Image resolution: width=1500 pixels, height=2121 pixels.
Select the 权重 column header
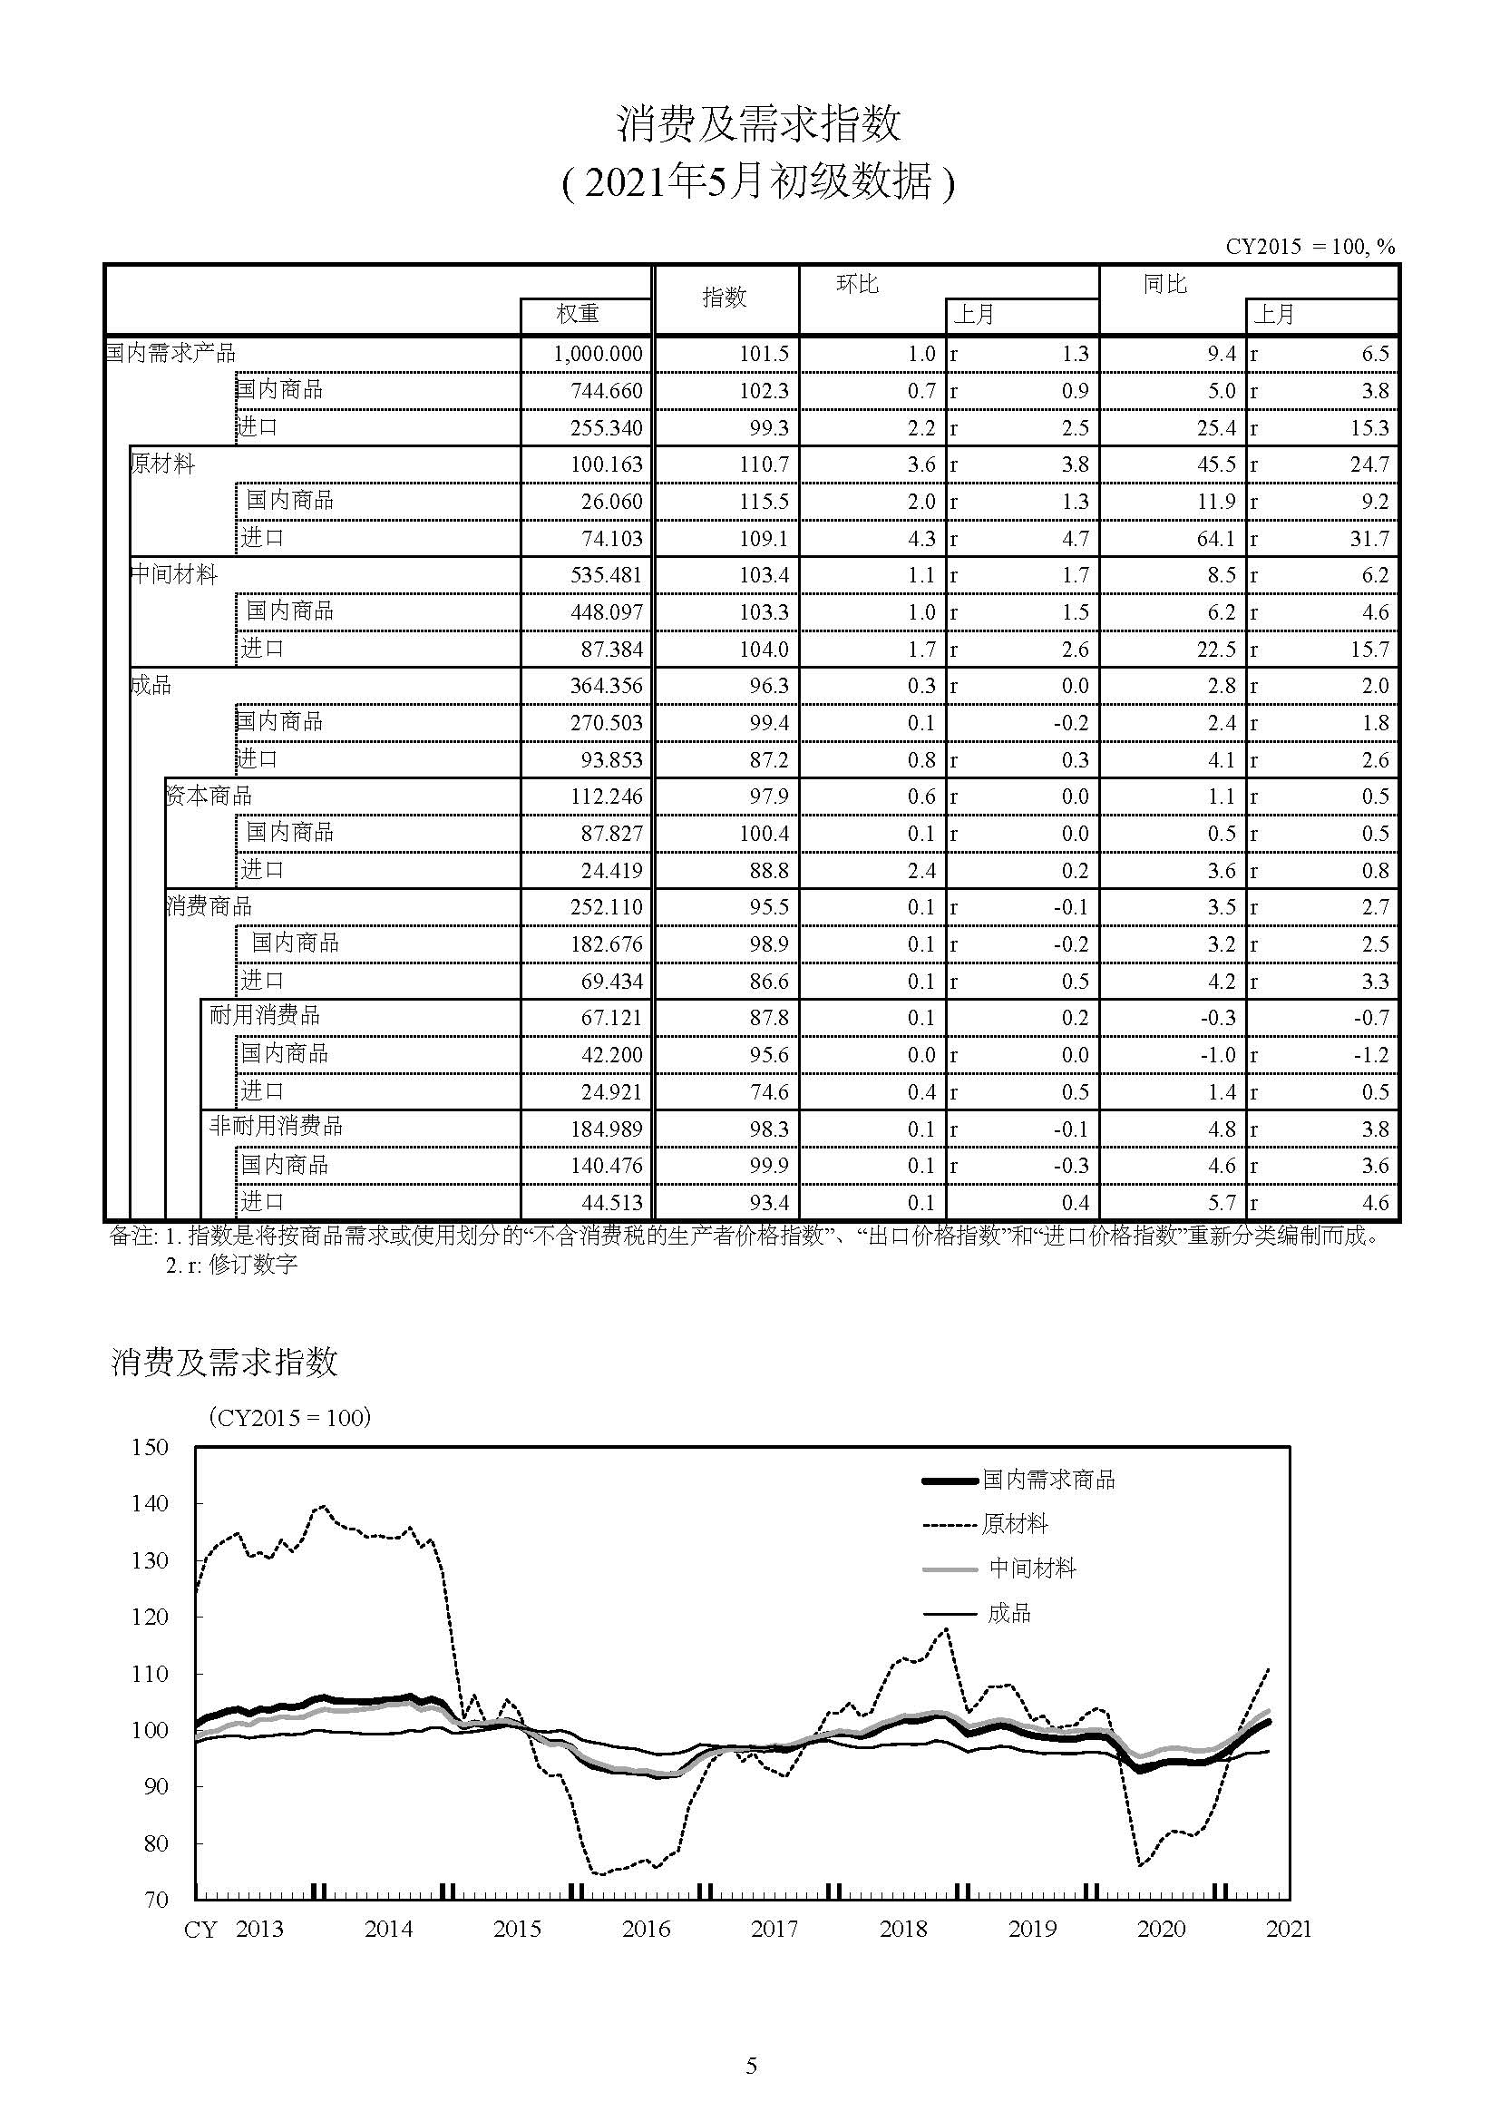pyautogui.click(x=578, y=314)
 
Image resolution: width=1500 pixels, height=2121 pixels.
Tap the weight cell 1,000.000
pyautogui.click(x=598, y=354)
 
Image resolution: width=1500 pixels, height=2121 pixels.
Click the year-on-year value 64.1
pyautogui.click(x=1215, y=539)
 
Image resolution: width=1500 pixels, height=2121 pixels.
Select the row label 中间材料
pyautogui.click(x=173, y=574)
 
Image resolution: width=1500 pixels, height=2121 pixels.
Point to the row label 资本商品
pyautogui.click(x=209, y=796)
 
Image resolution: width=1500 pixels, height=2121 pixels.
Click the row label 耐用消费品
pyautogui.click(x=264, y=1016)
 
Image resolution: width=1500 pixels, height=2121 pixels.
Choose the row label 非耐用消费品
pyautogui.click(x=276, y=1126)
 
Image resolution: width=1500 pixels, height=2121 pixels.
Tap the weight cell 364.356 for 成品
pyautogui.click(x=606, y=687)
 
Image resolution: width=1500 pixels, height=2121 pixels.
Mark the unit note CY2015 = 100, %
pyautogui.click(x=1310, y=247)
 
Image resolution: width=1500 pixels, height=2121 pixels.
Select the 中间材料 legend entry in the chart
pyautogui.click(x=1032, y=1568)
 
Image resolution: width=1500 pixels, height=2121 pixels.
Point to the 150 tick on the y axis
pyautogui.click(x=151, y=1448)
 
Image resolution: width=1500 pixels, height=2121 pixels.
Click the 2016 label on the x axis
pyautogui.click(x=646, y=1929)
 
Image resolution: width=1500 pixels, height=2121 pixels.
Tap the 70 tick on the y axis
pyautogui.click(x=156, y=1900)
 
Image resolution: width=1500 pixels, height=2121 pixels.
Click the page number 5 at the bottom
pyautogui.click(x=751, y=2065)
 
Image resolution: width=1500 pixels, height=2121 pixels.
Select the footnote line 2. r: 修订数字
pyautogui.click(x=232, y=1265)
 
